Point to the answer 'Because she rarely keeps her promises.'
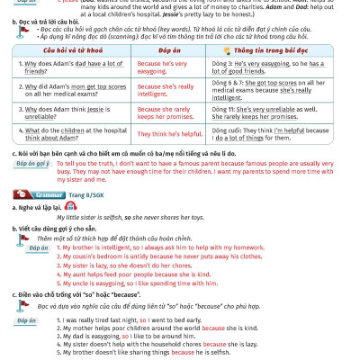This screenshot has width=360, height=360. tap(164, 112)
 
